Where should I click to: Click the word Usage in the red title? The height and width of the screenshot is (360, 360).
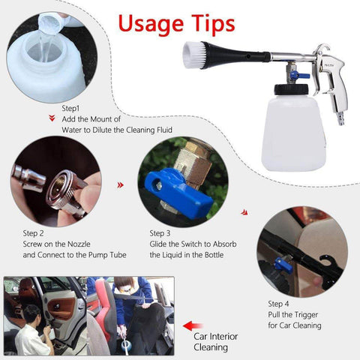point(151,24)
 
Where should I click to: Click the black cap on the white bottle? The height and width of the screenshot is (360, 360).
point(291,89)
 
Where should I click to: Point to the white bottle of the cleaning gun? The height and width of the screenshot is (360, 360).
point(294,133)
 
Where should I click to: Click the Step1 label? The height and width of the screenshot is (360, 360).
point(70,109)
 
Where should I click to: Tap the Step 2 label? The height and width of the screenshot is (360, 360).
point(33,233)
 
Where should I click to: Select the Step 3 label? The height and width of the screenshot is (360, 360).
point(160,233)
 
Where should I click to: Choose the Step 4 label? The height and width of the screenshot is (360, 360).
point(278,304)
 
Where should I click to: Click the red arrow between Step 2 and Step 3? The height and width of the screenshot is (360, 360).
point(121,185)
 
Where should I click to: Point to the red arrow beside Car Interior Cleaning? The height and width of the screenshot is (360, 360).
point(193,325)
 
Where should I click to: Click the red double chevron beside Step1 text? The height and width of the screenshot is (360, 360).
point(52,118)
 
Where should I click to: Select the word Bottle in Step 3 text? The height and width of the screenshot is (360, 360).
point(214,255)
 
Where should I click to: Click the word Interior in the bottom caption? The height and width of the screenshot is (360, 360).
point(223,337)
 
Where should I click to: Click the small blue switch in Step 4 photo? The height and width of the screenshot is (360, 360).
point(280,265)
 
